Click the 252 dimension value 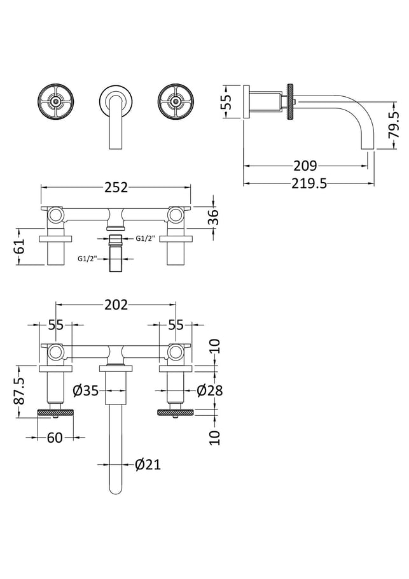[116, 187]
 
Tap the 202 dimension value [116, 304]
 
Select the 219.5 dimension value [309, 183]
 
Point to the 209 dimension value [305, 166]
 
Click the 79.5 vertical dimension [394, 125]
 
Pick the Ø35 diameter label [86, 390]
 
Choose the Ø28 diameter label [210, 390]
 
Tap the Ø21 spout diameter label [148, 464]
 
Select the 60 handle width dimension [55, 438]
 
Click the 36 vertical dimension [213, 217]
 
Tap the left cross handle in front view [56, 101]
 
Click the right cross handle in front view [176, 101]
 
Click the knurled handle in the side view [291, 101]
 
